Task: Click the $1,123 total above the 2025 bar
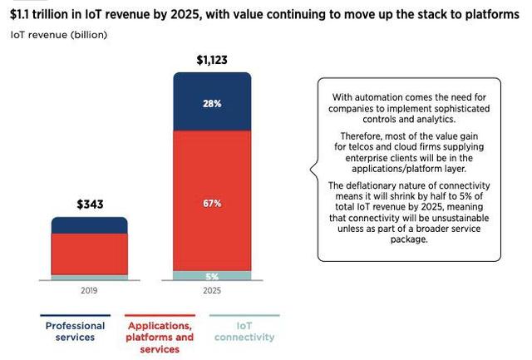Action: click(x=212, y=60)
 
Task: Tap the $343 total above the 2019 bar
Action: click(x=90, y=205)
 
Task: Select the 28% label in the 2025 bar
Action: click(x=212, y=103)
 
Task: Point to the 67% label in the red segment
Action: click(x=212, y=203)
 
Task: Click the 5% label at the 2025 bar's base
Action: click(x=212, y=277)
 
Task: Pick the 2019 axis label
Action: click(x=89, y=290)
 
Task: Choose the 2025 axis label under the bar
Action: click(x=212, y=290)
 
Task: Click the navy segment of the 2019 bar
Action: click(x=90, y=225)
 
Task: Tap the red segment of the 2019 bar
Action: click(x=90, y=254)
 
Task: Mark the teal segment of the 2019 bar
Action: click(x=90, y=277)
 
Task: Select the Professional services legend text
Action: click(x=75, y=332)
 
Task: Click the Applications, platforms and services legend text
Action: click(x=160, y=338)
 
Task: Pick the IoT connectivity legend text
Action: click(x=244, y=332)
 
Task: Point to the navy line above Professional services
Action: click(x=76, y=315)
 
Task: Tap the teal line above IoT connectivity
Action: click(x=244, y=315)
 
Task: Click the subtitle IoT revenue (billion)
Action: click(x=59, y=35)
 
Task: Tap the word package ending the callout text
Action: click(x=409, y=239)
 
